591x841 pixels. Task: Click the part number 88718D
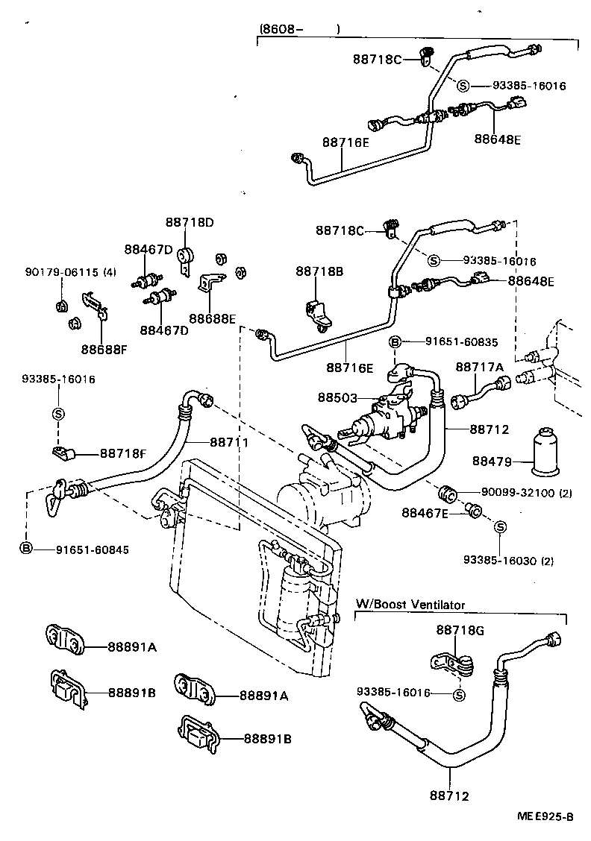(190, 222)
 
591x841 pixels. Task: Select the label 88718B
(319, 271)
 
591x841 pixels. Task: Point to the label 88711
(228, 442)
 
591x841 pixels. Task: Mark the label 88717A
(480, 367)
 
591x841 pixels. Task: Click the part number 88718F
(123, 453)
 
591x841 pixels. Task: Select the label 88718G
(460, 630)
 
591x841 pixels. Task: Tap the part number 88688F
(104, 348)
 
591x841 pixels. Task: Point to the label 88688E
(212, 319)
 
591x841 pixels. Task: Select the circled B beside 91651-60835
(395, 342)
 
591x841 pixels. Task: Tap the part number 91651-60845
(92, 549)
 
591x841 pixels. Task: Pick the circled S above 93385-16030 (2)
(501, 528)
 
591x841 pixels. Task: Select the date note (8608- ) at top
(299, 29)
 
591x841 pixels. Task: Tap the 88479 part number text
(492, 462)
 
